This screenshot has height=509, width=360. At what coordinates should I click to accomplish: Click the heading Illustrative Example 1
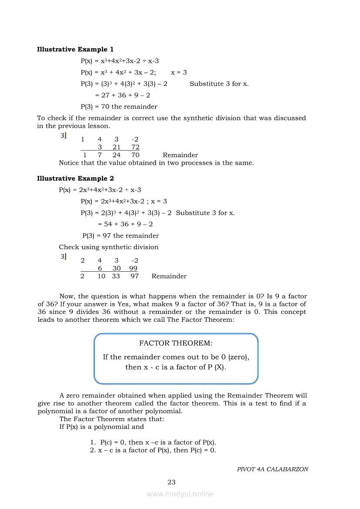pyautogui.click(x=75, y=49)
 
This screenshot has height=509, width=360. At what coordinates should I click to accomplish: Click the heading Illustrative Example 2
pyautogui.click(x=75, y=178)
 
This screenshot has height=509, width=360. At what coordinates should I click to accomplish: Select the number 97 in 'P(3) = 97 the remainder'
pyautogui.click(x=107, y=236)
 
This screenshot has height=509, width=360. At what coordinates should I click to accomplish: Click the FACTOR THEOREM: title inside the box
pyautogui.click(x=176, y=343)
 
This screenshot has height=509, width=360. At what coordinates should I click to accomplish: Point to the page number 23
pyautogui.click(x=171, y=482)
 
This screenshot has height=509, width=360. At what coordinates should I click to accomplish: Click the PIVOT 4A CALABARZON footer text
pyautogui.click(x=272, y=469)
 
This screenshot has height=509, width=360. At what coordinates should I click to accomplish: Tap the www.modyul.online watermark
pyautogui.click(x=180, y=494)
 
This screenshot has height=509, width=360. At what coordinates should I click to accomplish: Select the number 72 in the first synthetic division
pyautogui.click(x=135, y=147)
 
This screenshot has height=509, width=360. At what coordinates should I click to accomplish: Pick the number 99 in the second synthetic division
pyautogui.click(x=133, y=268)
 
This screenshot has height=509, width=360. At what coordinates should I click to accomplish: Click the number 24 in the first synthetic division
pyautogui.click(x=116, y=155)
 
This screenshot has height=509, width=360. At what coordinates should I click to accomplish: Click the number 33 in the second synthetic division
pyautogui.click(x=116, y=276)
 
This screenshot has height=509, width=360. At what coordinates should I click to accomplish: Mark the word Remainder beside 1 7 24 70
pyautogui.click(x=180, y=155)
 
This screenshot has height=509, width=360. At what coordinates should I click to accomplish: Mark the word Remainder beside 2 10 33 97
pyautogui.click(x=169, y=276)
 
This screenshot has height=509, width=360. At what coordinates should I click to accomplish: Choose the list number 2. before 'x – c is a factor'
pyautogui.click(x=93, y=450)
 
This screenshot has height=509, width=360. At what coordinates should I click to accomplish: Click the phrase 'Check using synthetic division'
pyautogui.click(x=109, y=247)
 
